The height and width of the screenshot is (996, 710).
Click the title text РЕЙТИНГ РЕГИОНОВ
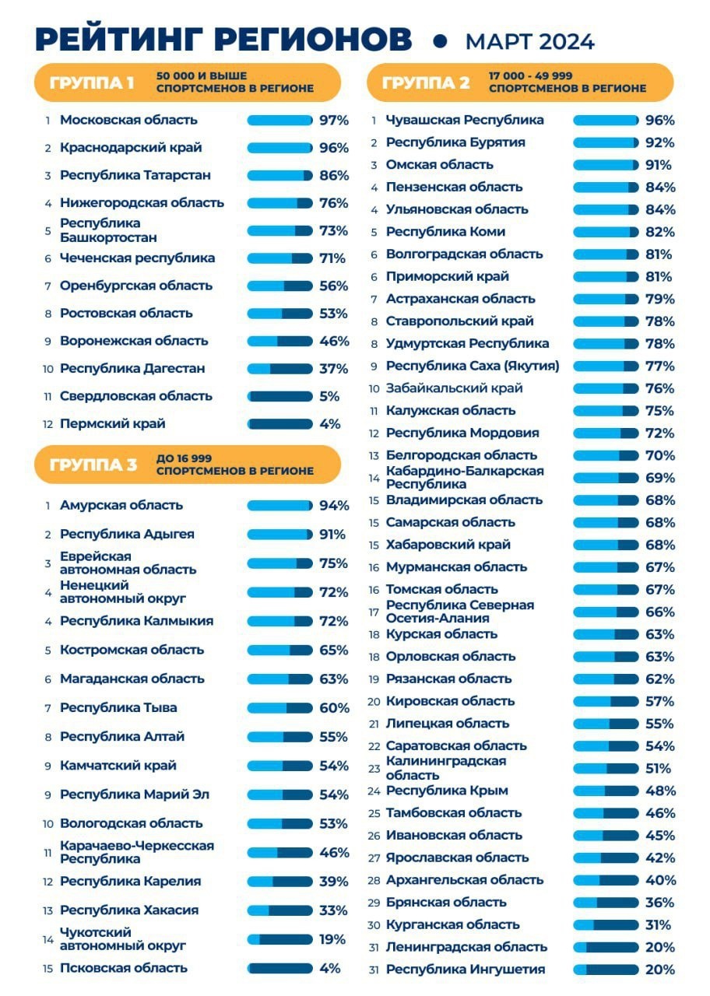click(223, 39)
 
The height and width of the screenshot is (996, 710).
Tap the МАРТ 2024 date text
click(530, 42)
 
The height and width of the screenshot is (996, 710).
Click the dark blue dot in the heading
click(440, 41)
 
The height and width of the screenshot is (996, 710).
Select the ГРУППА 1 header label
click(92, 83)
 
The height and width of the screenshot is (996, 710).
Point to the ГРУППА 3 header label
click(93, 465)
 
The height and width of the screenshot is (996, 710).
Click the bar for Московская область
click(279, 120)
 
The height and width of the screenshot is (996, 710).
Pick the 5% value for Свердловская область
click(329, 396)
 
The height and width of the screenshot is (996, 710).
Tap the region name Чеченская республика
click(138, 258)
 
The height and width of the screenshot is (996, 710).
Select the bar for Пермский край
click(279, 424)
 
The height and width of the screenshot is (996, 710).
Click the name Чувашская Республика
click(465, 120)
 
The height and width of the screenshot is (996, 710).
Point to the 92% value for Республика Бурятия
click(659, 142)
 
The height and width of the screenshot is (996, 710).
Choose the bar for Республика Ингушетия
click(606, 970)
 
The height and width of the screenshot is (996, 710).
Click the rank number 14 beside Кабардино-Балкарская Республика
click(374, 478)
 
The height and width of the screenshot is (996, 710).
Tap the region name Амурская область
click(121, 505)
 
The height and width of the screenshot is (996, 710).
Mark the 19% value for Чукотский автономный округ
click(332, 939)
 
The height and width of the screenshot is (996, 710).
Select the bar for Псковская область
click(279, 968)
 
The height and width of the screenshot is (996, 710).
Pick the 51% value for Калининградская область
click(658, 768)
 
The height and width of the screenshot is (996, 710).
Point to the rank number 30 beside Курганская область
click(374, 925)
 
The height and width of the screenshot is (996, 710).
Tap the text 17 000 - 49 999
click(530, 75)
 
